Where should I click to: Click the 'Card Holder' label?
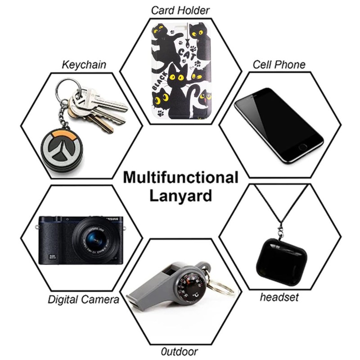coord(180,10)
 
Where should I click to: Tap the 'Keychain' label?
coord(84,65)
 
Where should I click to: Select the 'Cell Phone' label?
coord(279,64)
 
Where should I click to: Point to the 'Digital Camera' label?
coord(84,300)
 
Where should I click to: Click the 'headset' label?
coord(279,297)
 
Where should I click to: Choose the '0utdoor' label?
coord(180,351)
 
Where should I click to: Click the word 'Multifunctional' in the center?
coord(180,177)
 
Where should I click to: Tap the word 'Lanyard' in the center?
coord(180,196)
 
